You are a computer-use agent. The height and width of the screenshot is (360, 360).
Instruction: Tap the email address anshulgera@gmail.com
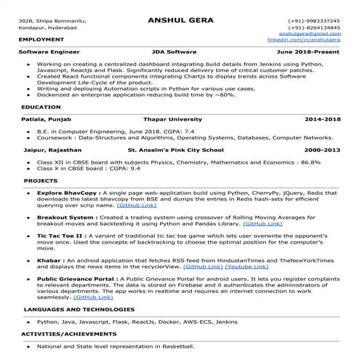click(313, 33)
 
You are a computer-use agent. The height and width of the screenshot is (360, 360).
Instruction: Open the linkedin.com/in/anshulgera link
click(304, 39)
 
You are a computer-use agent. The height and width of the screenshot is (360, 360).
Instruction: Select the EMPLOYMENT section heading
click(41, 39)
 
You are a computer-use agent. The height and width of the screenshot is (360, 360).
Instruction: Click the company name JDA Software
click(180, 53)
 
